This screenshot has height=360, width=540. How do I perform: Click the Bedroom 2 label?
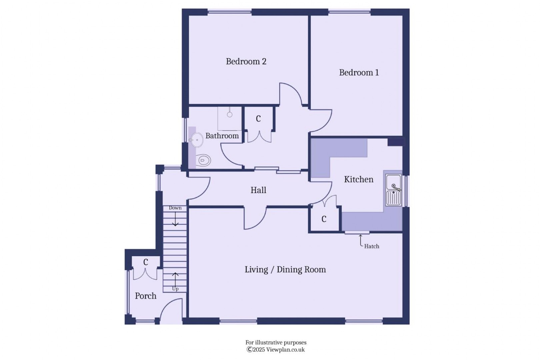[246, 61]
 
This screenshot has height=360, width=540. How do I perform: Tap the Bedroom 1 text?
[359, 73]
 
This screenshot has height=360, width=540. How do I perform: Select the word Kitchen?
[358, 179]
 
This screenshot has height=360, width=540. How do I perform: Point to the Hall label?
[258, 190]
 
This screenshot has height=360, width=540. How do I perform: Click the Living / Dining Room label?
[285, 270]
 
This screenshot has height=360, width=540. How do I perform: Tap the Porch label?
[145, 296]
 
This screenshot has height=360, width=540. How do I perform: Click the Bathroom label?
[222, 136]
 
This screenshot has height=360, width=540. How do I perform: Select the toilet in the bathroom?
[203, 161]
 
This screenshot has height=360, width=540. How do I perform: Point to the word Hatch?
[371, 246]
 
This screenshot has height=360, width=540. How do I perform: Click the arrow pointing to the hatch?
[360, 240]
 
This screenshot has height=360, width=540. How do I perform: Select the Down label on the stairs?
[175, 208]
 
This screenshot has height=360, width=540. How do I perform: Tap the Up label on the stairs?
[175, 289]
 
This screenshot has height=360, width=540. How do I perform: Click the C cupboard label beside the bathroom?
[258, 119]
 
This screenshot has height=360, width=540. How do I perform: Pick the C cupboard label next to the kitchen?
[324, 219]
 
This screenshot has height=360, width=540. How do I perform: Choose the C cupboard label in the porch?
[146, 262]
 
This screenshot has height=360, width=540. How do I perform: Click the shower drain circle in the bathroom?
[230, 114]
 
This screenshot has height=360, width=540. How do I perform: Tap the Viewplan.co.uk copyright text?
[276, 350]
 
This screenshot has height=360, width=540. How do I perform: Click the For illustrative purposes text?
[276, 342]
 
